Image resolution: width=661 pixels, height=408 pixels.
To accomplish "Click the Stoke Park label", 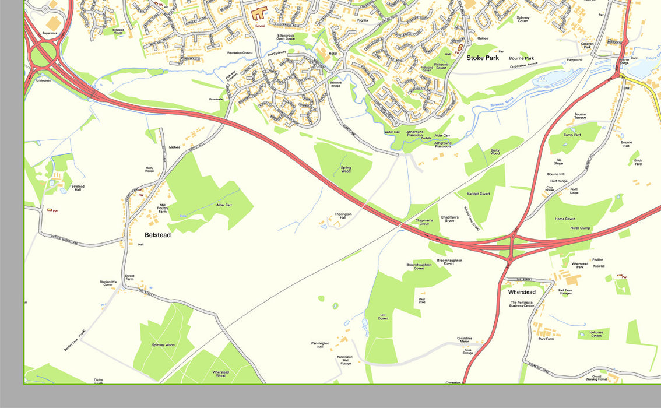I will point(483,58).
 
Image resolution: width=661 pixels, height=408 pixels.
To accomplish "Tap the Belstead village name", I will point(157,235).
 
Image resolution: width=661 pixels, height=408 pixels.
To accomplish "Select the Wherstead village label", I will point(522,292).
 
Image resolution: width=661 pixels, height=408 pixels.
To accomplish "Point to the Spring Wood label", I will point(346,170).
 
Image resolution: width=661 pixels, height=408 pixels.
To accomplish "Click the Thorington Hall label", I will point(343,216).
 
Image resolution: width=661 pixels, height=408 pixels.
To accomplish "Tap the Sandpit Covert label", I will point(478,194).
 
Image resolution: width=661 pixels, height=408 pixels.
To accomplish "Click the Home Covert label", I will point(565,219).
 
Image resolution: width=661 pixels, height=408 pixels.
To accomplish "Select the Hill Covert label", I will point(383,317).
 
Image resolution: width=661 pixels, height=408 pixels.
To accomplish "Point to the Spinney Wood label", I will point(163,345).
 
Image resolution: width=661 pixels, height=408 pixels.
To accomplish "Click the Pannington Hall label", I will point(321,345).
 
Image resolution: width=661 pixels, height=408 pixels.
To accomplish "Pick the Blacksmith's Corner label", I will point(108,284).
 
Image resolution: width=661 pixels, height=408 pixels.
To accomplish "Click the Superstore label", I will point(50,33).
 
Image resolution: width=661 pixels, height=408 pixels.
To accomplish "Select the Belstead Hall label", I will point(78,188).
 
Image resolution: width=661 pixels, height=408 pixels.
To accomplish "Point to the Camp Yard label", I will point(572,135).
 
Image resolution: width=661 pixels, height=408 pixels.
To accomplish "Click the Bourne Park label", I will point(521,58).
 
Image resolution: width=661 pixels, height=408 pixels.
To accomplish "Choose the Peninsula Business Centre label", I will point(522,304).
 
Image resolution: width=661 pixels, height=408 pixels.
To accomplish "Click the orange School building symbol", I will point(258,13).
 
